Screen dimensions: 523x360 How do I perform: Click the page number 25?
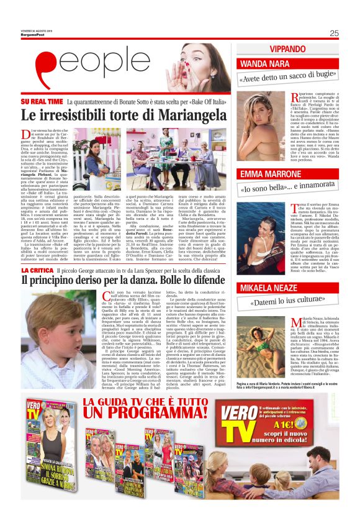tap(334, 34)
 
